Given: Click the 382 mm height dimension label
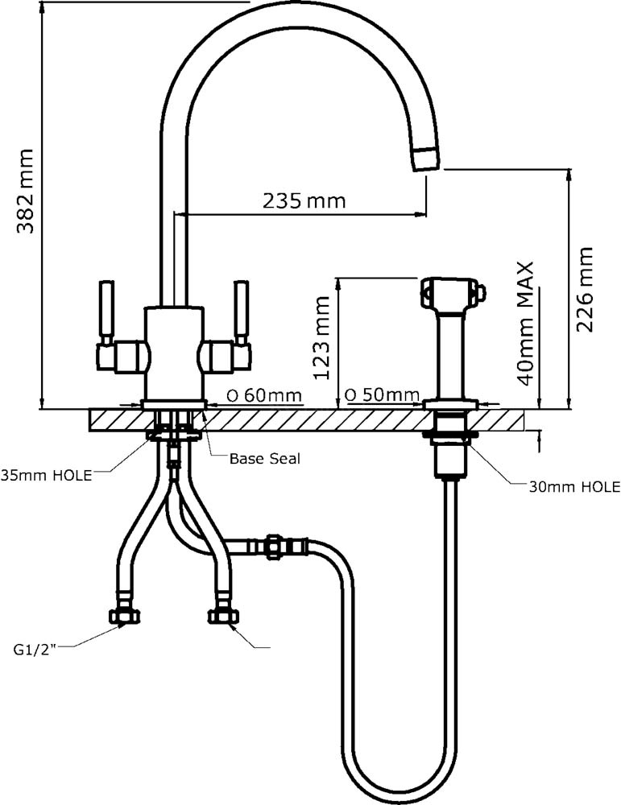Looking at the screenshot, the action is tap(25, 191).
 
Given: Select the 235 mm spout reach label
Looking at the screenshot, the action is tap(304, 200).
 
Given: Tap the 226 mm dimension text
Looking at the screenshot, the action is tap(584, 289).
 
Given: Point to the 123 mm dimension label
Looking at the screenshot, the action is tap(322, 337).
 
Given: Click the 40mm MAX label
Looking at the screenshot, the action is tap(526, 324).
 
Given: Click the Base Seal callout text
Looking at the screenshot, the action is tap(264, 459).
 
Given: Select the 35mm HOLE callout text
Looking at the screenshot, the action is tap(46, 475).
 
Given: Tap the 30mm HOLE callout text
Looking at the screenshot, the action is tap(575, 487).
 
